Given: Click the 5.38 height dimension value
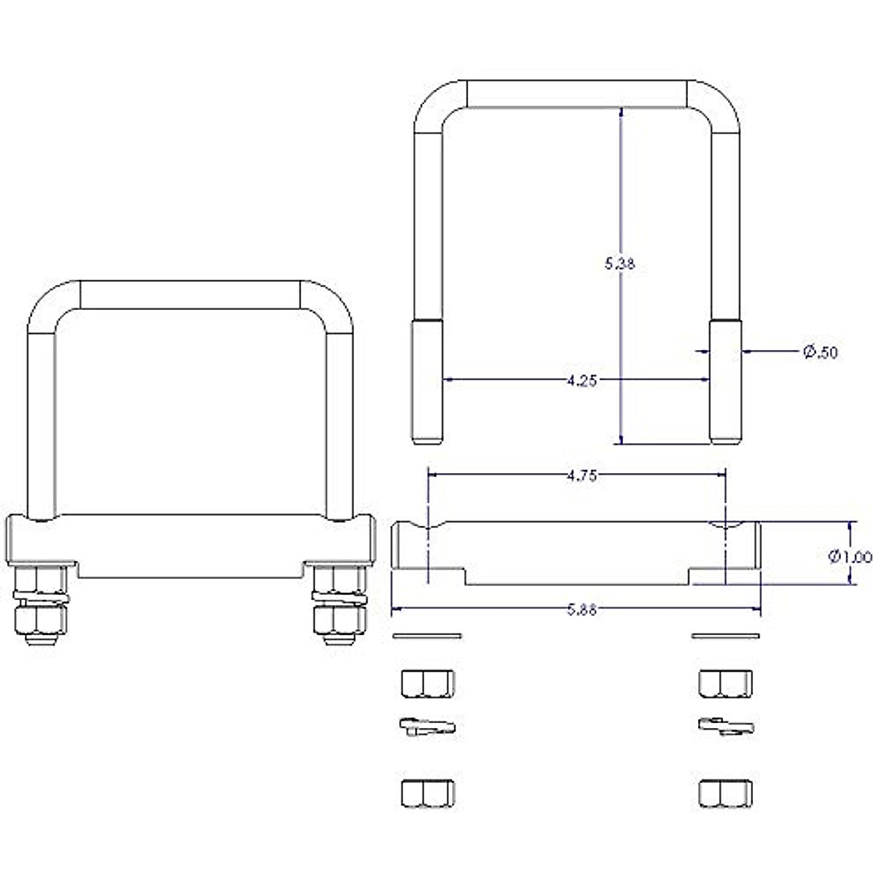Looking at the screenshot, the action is [619, 264].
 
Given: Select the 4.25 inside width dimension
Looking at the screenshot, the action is [582, 380].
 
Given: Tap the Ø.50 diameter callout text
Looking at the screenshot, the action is [820, 352].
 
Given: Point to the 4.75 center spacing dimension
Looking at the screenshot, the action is [582, 476].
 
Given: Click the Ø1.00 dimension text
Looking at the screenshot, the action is [850, 557].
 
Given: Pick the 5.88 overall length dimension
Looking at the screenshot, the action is [582, 610].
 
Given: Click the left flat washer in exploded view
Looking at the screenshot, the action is [427, 636].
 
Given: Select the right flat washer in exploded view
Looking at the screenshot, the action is [725, 636].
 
